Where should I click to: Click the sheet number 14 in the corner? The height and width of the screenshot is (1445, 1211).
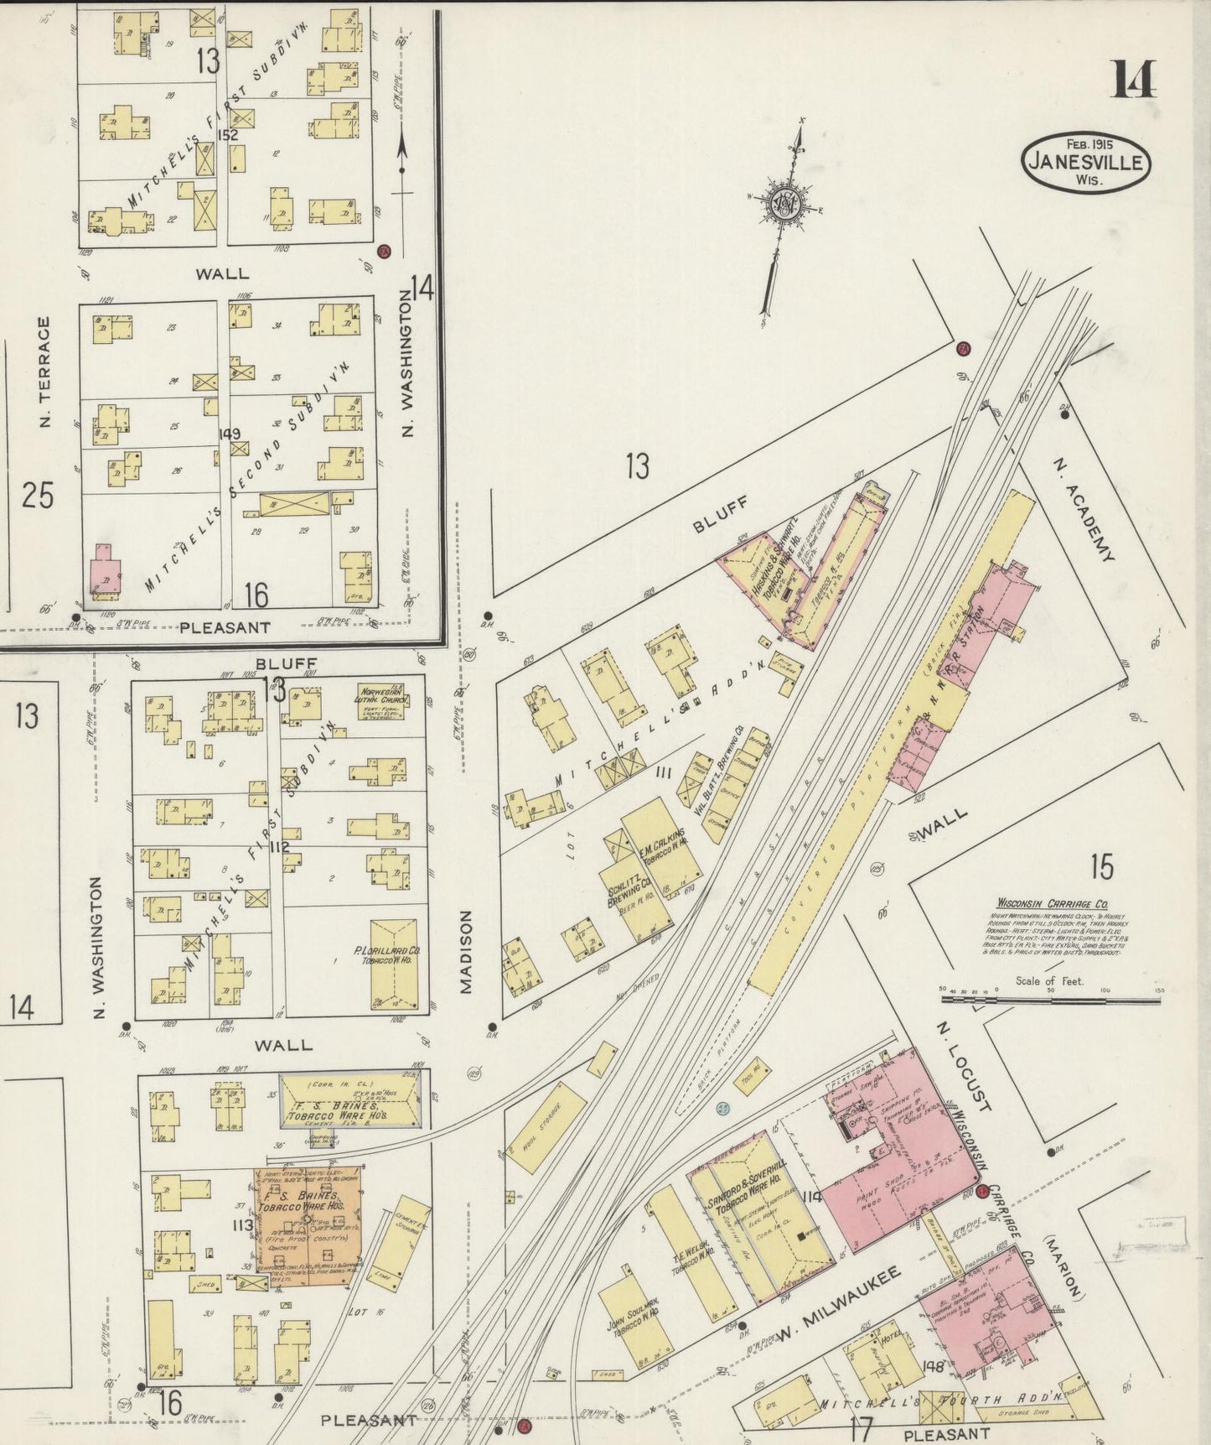(1134, 81)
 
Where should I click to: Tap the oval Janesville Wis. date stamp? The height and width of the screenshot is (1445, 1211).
(1085, 162)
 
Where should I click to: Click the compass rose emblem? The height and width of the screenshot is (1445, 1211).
(785, 204)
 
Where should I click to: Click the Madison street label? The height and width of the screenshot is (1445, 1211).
(466, 951)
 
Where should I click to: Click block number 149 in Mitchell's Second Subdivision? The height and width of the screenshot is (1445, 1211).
(229, 434)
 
